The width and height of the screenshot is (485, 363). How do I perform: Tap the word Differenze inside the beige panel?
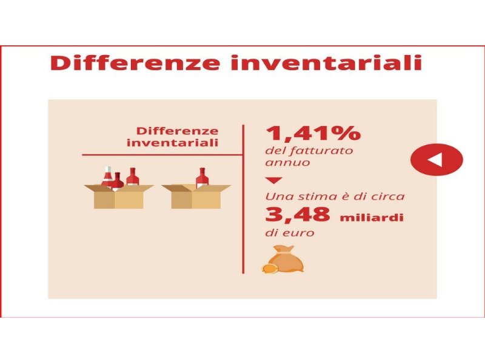click(x=177, y=131)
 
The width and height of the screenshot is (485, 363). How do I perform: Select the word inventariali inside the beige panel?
click(x=173, y=143)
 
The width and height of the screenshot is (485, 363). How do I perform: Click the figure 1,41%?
click(x=313, y=133)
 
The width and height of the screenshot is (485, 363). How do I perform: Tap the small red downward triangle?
click(x=274, y=180)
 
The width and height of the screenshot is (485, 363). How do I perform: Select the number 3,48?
click(x=297, y=215)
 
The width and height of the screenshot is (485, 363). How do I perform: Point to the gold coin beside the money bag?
click(x=269, y=266)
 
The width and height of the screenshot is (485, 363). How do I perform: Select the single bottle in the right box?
click(x=201, y=178)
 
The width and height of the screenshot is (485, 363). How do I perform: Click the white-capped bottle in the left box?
click(x=107, y=176)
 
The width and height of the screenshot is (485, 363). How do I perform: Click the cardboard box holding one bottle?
click(x=195, y=197)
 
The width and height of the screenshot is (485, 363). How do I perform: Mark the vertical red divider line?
click(x=244, y=200)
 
